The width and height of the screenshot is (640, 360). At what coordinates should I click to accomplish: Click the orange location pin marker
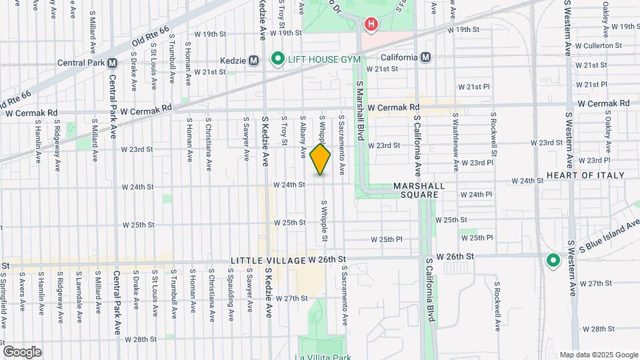(x=321, y=159)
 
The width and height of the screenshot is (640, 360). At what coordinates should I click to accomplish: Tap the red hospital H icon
(x=371, y=25)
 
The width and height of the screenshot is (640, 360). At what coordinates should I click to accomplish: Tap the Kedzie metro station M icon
(x=253, y=60)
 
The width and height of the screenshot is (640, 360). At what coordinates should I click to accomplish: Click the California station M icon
(x=425, y=57)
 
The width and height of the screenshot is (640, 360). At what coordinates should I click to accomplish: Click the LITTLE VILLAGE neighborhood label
(x=267, y=259)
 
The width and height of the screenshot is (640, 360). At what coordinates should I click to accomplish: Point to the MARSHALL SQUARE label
(x=416, y=190)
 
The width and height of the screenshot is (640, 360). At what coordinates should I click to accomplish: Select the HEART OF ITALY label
(x=585, y=175)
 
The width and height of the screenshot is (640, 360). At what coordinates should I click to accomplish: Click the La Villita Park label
(x=323, y=356)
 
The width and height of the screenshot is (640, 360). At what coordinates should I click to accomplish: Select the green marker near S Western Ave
(x=552, y=261)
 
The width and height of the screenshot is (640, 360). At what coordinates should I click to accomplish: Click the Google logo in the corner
(x=22, y=351)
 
